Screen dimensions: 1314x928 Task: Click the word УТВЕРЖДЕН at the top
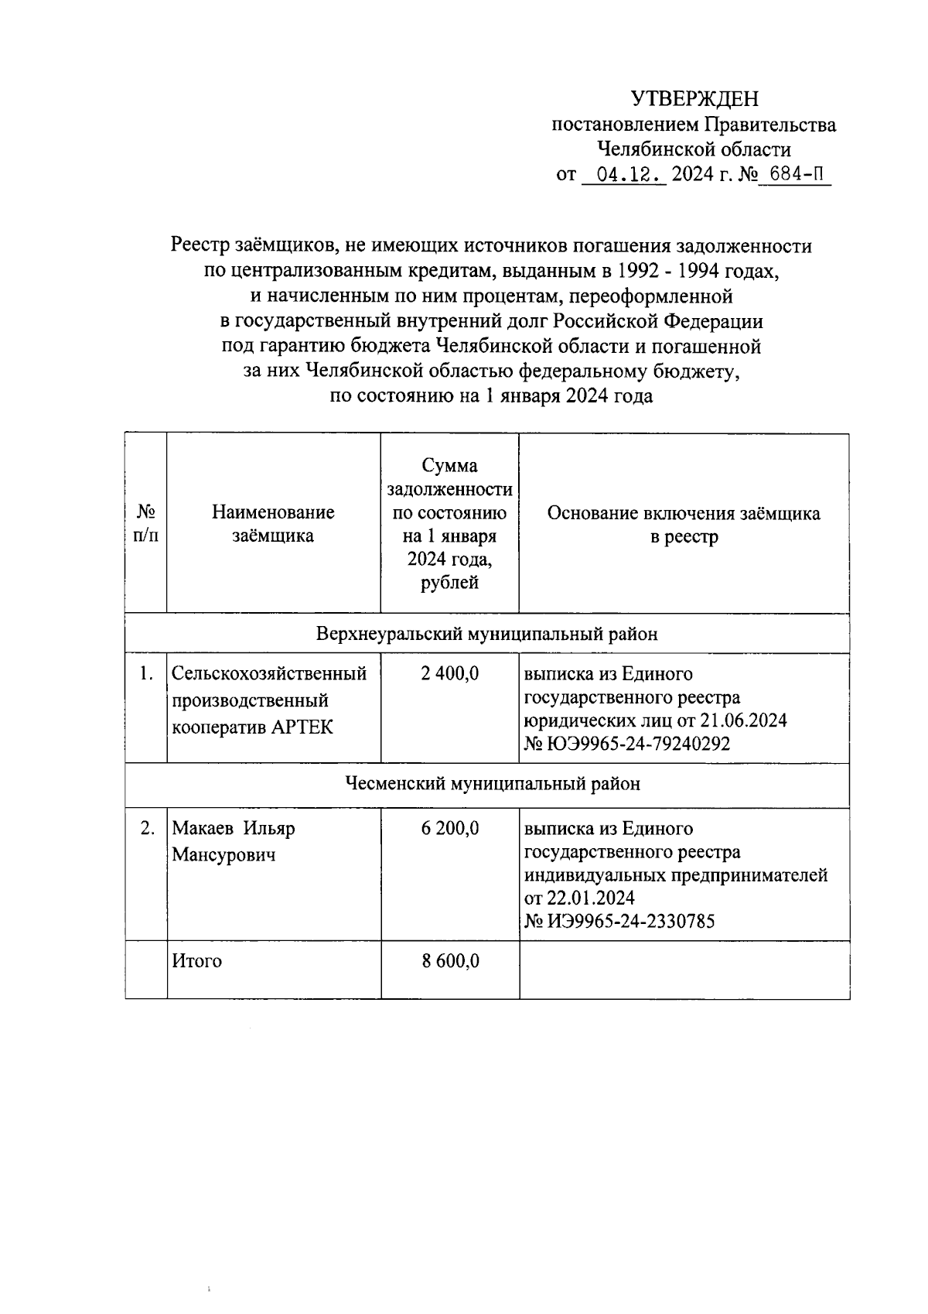[694, 99]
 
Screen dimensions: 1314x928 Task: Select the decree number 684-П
[796, 175]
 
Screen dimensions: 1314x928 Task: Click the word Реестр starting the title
[199, 246]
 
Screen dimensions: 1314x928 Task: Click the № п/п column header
[146, 524]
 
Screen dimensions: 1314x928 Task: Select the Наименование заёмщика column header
[273, 524]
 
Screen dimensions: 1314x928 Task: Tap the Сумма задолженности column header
[449, 524]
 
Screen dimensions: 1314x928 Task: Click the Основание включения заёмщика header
[684, 524]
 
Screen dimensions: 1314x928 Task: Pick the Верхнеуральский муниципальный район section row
[487, 634]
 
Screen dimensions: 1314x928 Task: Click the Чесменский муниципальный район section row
[492, 784]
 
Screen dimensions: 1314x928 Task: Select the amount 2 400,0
[449, 674]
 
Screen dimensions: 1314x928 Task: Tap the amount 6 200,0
[449, 828]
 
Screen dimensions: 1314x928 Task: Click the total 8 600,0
[449, 961]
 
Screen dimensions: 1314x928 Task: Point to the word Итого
[196, 961]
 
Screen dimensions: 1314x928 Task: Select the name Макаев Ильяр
[234, 828]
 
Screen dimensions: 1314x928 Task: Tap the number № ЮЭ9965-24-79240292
[627, 744]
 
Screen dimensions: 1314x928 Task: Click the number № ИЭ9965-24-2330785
[619, 921]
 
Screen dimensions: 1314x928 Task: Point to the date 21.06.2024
[743, 720]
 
